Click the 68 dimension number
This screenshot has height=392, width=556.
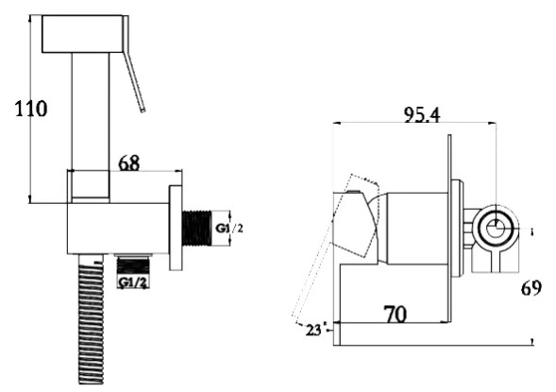pyautogui.click(x=129, y=162)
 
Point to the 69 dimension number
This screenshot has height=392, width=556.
pyautogui.click(x=531, y=288)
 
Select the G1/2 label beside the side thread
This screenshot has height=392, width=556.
pyautogui.click(x=230, y=229)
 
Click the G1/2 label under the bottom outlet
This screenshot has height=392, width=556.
pyautogui.click(x=131, y=281)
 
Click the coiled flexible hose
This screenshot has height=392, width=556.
pyautogui.click(x=89, y=321)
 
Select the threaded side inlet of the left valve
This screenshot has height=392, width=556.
pyautogui.click(x=196, y=229)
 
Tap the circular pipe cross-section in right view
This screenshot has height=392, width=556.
pyautogui.click(x=495, y=229)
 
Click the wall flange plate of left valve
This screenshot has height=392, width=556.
pyautogui.click(x=176, y=229)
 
